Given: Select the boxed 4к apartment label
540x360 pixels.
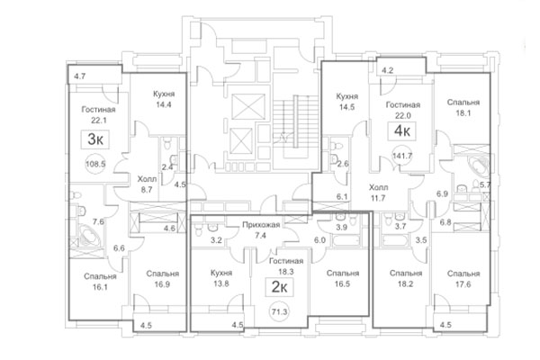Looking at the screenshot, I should [x=400, y=130].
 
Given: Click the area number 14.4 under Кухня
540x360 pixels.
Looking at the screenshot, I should [x=162, y=105].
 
